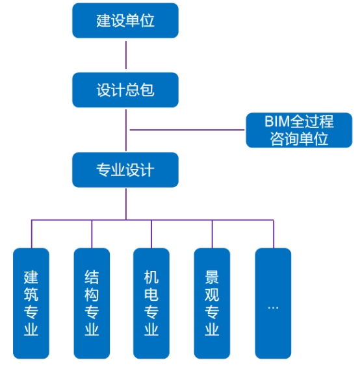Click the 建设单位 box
click(125, 20)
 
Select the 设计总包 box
click(125, 90)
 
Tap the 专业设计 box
click(125, 170)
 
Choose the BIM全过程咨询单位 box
click(299, 130)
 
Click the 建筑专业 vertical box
click(31, 303)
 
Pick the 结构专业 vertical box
click(92, 303)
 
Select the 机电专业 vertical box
click(151, 303)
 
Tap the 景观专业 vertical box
click(212, 303)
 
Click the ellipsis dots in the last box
click(273, 308)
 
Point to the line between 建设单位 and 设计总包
click(126, 55)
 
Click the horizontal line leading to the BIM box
click(187, 130)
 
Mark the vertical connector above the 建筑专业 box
click(31, 234)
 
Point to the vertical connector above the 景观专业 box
click(212, 234)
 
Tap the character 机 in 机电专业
click(151, 277)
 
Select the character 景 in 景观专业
click(212, 277)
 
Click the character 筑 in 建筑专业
click(31, 294)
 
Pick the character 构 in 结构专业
click(92, 294)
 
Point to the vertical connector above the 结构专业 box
click(92, 234)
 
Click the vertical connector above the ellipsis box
click(274, 234)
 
